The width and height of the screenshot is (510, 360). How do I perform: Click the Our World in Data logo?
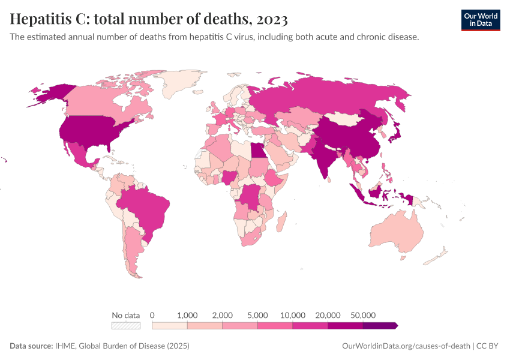480,20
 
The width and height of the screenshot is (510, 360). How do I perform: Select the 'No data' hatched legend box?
125,325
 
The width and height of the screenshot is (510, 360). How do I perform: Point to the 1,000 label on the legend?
187,315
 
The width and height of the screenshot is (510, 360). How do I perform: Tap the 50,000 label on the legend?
362,315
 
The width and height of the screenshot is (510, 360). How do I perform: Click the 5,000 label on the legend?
257,315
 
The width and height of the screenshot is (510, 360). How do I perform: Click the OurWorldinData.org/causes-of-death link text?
405,346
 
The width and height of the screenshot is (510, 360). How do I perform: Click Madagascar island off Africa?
280,220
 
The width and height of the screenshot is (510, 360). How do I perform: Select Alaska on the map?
45,93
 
